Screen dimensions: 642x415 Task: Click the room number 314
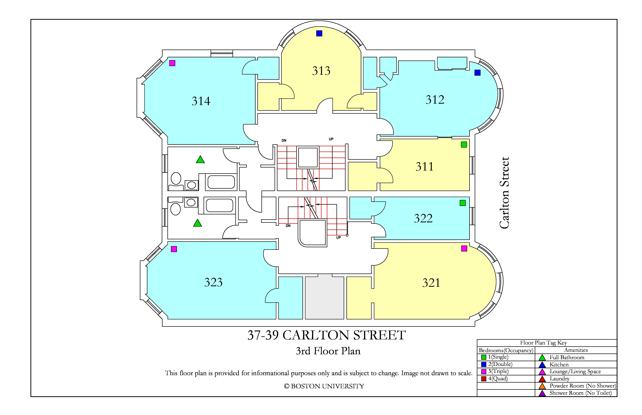click(201, 101)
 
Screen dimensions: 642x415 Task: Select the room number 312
click(435, 100)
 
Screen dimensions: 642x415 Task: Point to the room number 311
click(425, 167)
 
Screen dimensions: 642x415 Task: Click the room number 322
click(423, 218)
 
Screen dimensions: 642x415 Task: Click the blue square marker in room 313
click(319, 33)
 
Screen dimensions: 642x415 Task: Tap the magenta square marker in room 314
click(172, 63)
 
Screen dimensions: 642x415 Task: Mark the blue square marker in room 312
click(477, 72)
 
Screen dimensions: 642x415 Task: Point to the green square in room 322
click(463, 203)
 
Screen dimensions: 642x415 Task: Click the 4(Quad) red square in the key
click(484, 379)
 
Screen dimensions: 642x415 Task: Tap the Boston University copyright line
click(324, 386)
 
